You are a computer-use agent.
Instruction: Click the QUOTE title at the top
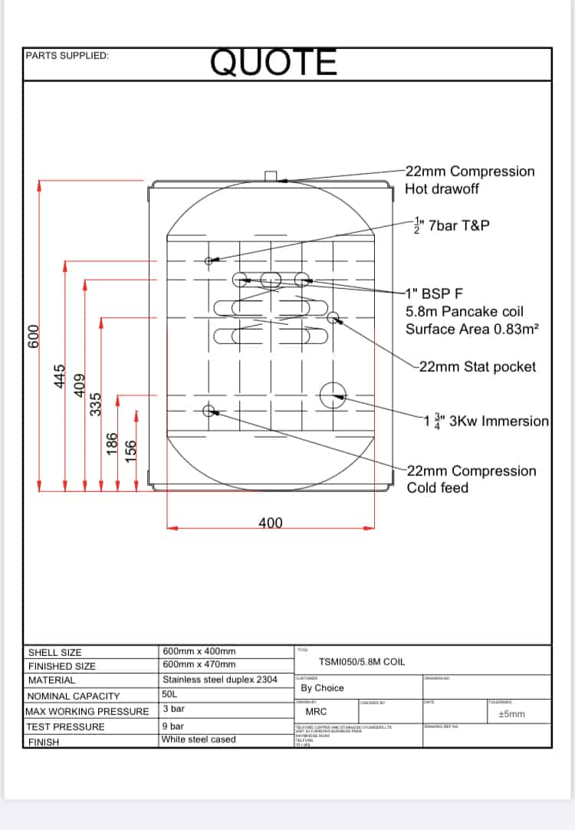(274, 63)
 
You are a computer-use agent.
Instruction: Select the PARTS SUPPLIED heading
(67, 56)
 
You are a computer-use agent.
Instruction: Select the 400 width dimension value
(270, 523)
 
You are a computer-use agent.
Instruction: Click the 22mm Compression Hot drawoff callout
(469, 180)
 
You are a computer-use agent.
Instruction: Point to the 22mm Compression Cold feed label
(471, 479)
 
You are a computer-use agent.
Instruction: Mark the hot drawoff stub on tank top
(271, 177)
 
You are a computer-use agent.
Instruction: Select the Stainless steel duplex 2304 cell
(220, 680)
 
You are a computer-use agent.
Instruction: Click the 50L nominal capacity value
(170, 694)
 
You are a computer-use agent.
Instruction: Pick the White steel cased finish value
(199, 740)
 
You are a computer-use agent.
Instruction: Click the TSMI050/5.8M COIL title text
(362, 661)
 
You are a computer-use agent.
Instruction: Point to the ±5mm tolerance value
(511, 714)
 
